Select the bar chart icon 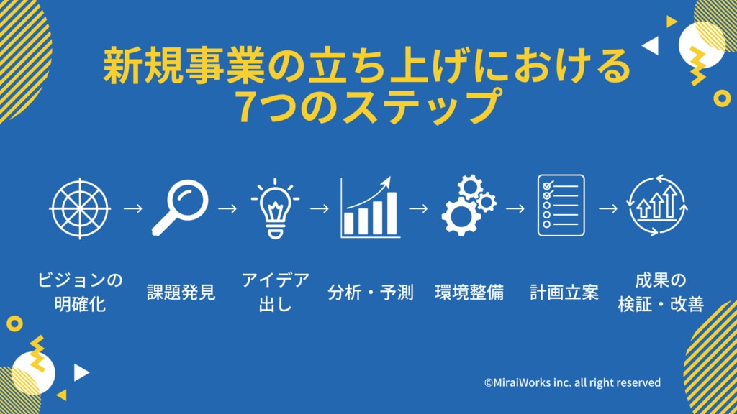pos(370,207)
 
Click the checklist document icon pos(561,205)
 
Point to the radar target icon pos(80,208)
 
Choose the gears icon pos(469,205)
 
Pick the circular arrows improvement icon pos(657,205)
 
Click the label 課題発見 pos(181,292)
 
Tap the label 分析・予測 pos(371,292)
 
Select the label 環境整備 pos(469,292)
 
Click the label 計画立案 pos(564,292)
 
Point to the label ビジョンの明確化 pos(80,292)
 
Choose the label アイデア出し pos(276,292)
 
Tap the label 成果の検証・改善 pos(661,292)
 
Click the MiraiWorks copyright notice pos(572,382)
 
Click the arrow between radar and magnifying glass pos(133,208)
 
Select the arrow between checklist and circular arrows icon pos(608,208)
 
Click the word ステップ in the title pos(420,106)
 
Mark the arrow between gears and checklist pos(515,208)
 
